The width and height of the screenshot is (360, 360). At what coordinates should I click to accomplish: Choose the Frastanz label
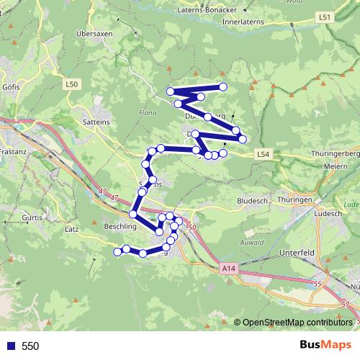(x=12, y=153)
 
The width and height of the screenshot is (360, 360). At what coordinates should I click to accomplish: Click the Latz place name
(x=71, y=229)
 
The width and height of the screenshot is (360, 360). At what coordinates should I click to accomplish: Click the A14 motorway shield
(x=228, y=268)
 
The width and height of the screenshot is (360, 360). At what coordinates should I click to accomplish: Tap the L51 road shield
(x=325, y=17)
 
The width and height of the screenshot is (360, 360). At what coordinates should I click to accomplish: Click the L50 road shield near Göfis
(x=71, y=84)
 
